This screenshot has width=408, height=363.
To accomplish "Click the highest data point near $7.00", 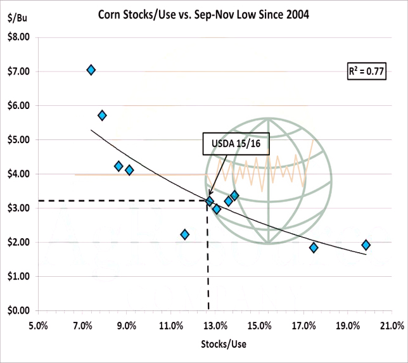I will [91, 70].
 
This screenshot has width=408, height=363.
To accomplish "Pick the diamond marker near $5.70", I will [102, 115].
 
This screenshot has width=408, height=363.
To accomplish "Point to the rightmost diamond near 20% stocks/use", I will [366, 245].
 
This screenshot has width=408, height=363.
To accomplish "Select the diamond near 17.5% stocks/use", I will [314, 248].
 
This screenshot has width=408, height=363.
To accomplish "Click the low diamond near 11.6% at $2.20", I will [184, 234].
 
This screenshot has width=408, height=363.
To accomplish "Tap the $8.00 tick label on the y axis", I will [17, 37].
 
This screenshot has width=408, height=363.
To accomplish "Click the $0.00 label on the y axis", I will [17, 311].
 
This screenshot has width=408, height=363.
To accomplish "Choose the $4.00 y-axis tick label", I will [17, 174].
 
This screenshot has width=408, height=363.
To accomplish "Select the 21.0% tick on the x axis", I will [392, 326].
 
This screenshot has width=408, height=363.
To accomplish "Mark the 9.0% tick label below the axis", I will [127, 326].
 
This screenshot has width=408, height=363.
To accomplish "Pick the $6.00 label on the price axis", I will [17, 106].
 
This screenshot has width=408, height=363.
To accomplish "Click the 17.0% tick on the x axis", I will [303, 326].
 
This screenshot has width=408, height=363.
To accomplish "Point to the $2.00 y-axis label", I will [17, 243].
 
